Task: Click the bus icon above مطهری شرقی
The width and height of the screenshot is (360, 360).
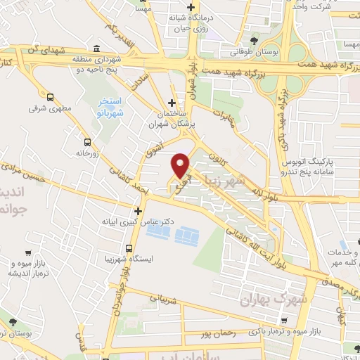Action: (x=50, y=97)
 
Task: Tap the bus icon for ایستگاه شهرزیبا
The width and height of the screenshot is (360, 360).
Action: (x=129, y=248)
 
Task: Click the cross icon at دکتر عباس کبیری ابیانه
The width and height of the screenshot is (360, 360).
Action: (x=138, y=210)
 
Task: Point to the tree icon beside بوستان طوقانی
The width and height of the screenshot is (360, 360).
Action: (x=254, y=39)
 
